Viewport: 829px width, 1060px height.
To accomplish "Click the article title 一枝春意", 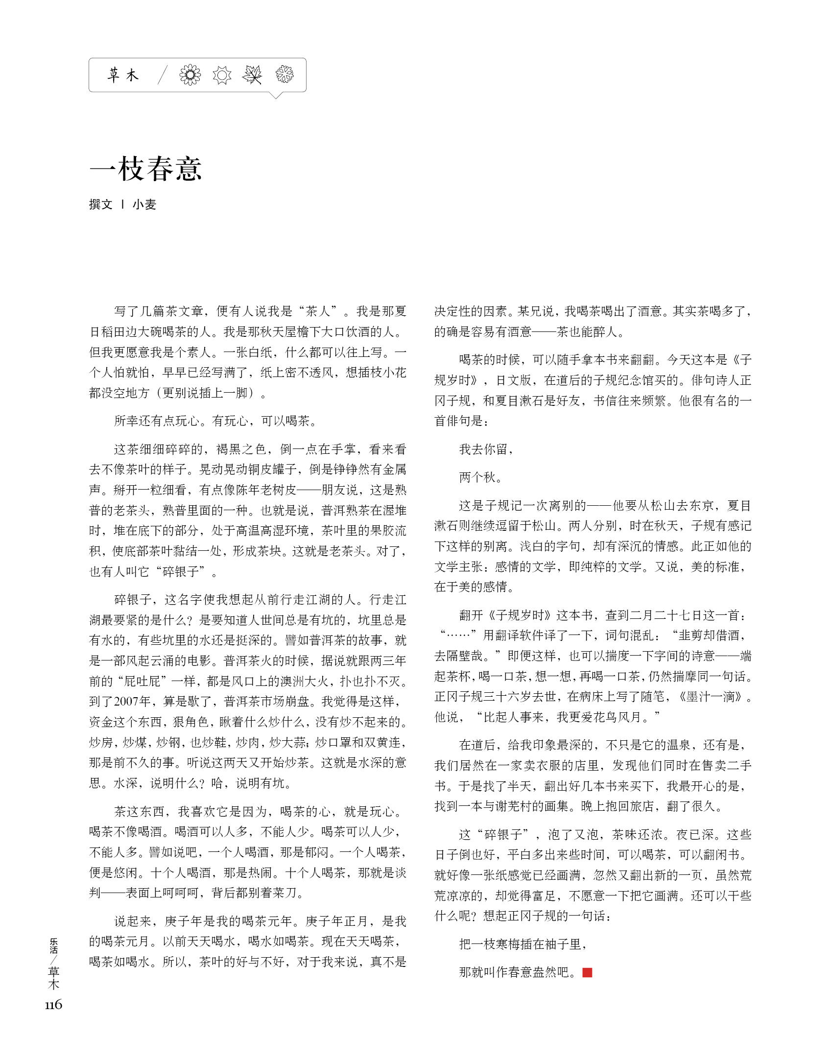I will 145,169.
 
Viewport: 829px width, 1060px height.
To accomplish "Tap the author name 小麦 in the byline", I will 144,205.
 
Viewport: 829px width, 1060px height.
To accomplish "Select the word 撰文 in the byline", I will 101,205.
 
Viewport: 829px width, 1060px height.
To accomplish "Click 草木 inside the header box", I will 123,75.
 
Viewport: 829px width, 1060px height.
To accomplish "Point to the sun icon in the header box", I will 222,75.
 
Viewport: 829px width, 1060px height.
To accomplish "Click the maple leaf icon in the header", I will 253,75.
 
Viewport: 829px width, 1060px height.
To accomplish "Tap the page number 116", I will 53,1005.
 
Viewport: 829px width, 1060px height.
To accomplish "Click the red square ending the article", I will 587,972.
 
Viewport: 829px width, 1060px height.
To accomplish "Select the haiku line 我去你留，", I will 486,449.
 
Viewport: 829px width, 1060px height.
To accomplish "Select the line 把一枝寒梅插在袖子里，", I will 522,944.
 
